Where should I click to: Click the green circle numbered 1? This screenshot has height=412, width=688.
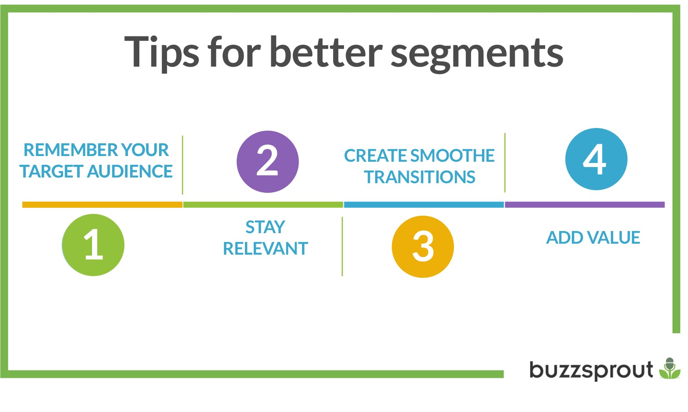coord(93,245)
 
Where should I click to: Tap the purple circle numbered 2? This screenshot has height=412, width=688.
coord(268,162)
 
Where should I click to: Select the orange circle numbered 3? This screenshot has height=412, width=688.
coord(423,247)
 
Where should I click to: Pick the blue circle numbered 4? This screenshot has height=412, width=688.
coord(596,159)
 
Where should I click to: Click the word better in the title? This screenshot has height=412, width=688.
coord(326,51)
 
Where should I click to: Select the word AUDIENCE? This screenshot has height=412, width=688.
coord(130,171)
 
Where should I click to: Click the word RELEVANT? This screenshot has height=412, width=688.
coord(266,248)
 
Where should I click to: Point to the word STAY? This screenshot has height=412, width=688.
coord(266,227)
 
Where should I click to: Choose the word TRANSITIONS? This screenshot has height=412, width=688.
coord(419,177)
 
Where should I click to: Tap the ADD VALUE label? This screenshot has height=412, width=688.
coord(593,238)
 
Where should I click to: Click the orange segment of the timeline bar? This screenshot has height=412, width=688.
coord(102,205)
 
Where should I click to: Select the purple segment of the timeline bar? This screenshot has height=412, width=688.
coord(585,205)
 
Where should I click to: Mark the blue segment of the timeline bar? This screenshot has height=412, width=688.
coord(424,205)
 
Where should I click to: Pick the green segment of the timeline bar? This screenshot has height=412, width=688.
coord(263,205)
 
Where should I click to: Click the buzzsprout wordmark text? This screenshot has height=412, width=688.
coord(591,370)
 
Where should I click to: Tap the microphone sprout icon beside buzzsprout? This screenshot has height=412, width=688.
coord(670,368)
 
